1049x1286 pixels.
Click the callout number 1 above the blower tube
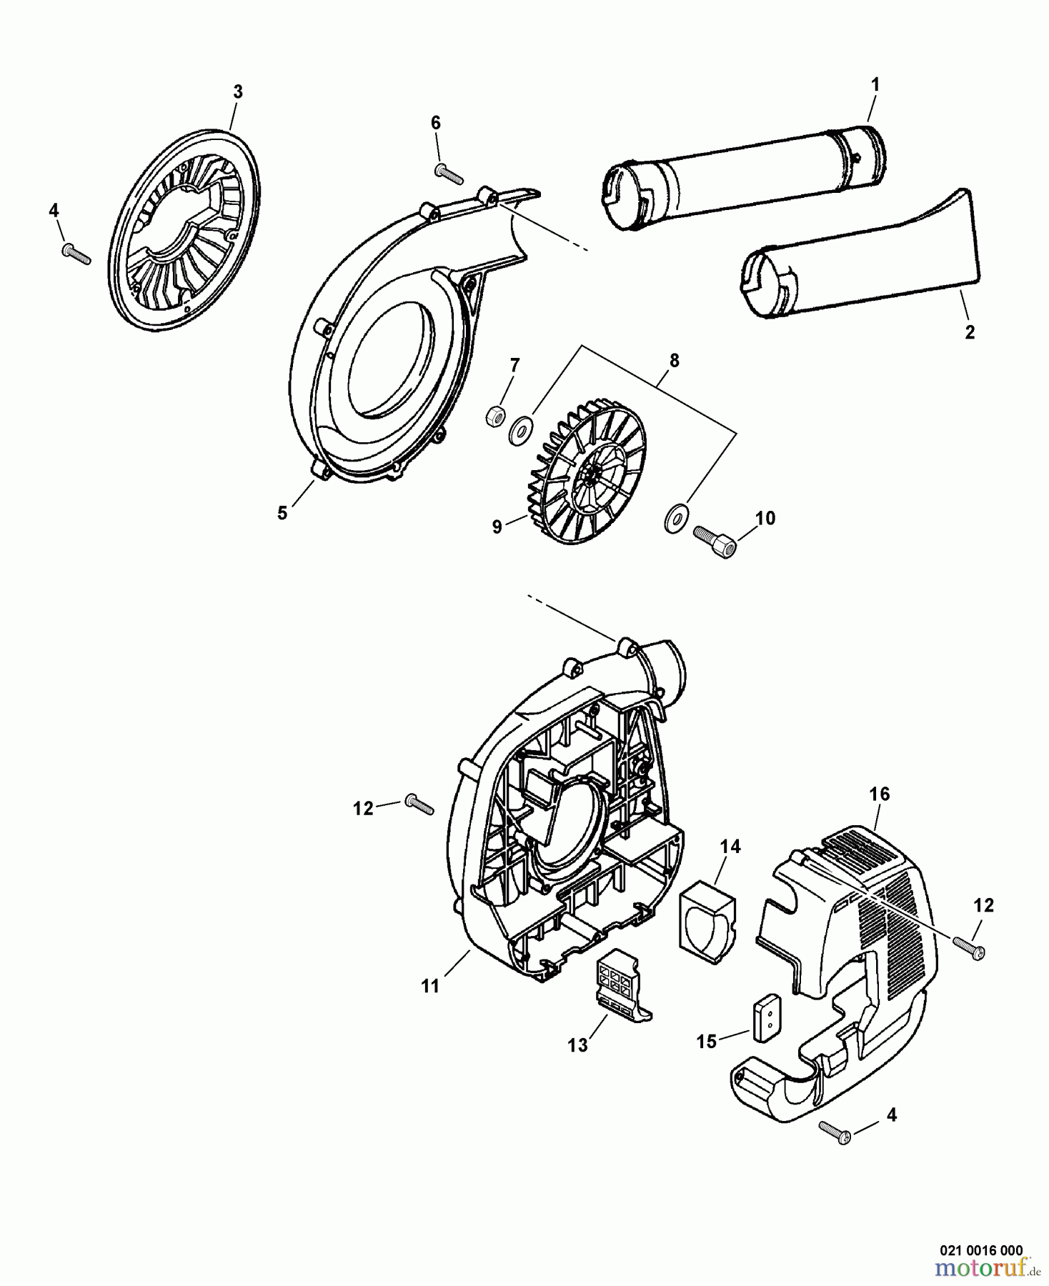pos(875,84)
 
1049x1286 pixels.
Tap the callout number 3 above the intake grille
pos(238,91)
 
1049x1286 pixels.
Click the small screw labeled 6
pos(449,174)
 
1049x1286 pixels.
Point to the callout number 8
pos(673,361)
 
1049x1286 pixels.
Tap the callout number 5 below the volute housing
pos(282,513)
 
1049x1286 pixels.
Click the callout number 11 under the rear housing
pos(429,986)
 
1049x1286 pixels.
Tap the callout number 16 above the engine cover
pos(880,794)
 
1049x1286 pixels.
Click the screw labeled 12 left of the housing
pos(419,804)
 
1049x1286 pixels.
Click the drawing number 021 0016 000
pos(980,1250)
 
